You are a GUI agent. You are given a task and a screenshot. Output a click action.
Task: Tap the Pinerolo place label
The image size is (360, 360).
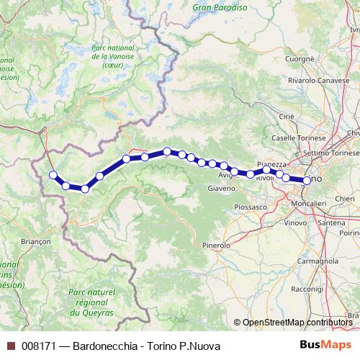coord(216,246)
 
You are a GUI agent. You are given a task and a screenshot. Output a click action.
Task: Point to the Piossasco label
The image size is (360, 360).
coord(251,207)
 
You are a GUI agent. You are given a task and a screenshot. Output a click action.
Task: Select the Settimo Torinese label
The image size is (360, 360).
coord(330,153)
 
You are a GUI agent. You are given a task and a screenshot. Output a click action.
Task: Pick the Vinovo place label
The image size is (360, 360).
coord(295,223)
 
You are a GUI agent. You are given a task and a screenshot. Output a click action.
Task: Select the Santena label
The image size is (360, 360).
coord(332,223)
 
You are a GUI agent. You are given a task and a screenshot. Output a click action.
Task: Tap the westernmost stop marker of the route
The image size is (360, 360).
coord(53,175)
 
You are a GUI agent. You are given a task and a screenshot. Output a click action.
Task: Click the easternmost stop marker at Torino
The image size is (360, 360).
coord(307,181)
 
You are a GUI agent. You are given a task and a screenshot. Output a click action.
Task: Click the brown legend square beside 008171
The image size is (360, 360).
coord(10,346)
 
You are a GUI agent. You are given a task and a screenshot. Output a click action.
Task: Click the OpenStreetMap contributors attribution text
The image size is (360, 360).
coord(297,323)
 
